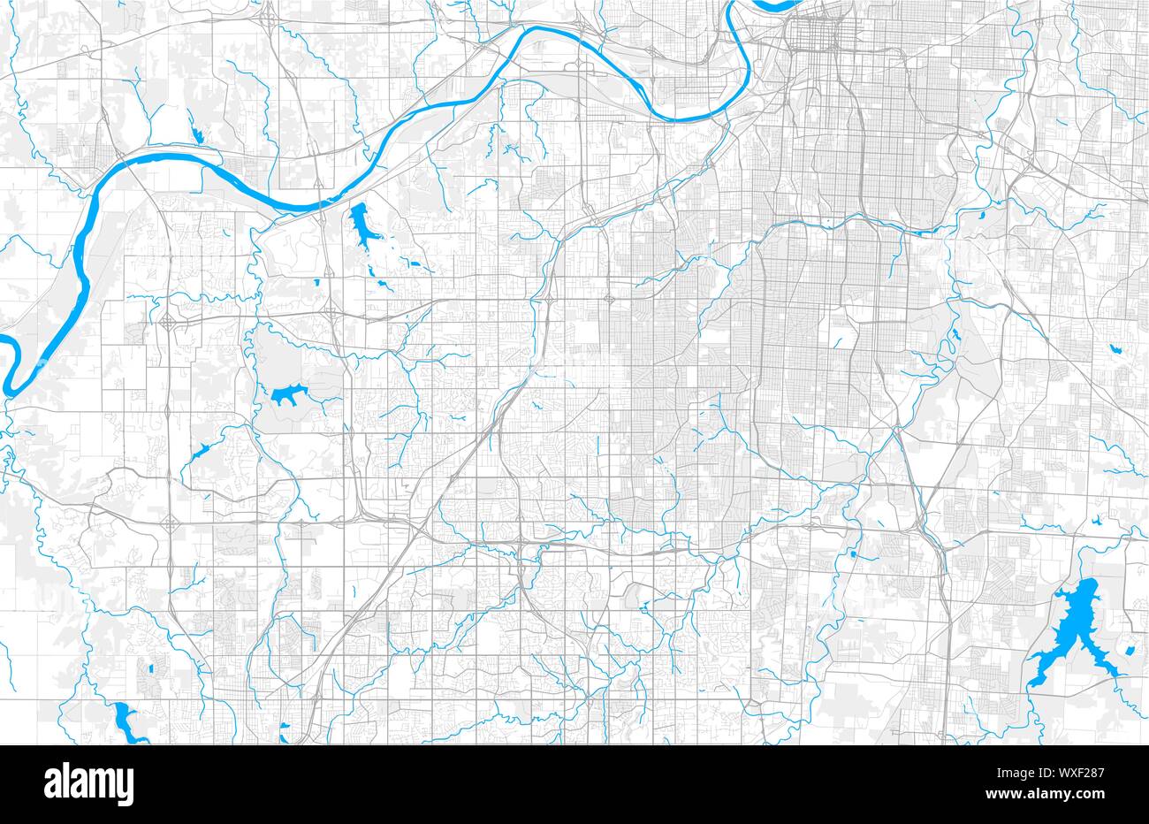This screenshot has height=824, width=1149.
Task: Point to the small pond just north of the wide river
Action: coord(195,135)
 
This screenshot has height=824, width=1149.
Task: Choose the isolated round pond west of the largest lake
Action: coord(854,554)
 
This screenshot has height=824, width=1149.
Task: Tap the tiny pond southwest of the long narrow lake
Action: coord(316,283)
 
